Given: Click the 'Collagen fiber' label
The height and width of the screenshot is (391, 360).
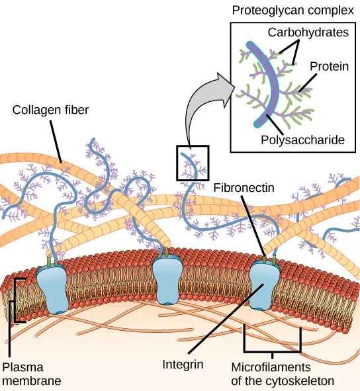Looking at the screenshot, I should pyautogui.click(x=50, y=109).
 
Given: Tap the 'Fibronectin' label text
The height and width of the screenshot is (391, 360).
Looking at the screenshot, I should pyautogui.click(x=244, y=188).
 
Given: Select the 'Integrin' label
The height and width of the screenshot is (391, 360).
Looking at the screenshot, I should pyautogui.click(x=183, y=364).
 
